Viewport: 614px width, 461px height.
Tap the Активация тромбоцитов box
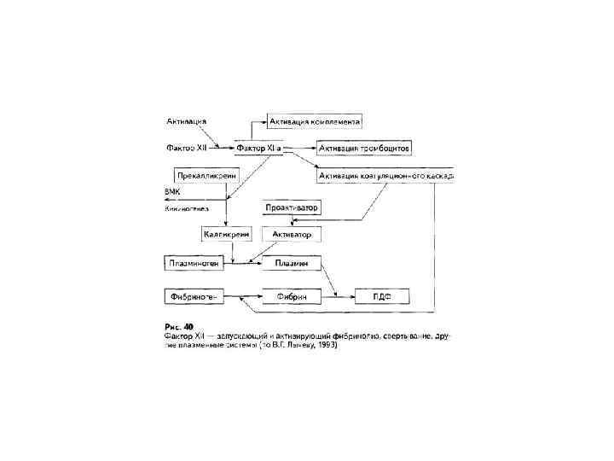[364, 148]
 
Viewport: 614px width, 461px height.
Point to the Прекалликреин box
[205, 175]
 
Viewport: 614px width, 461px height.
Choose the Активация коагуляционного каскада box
[385, 175]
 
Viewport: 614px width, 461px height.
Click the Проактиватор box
[291, 207]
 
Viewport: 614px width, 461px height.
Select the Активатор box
[291, 233]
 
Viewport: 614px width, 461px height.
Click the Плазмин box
[291, 263]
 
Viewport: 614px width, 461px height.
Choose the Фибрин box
[291, 296]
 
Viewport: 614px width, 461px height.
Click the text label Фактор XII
[186, 148]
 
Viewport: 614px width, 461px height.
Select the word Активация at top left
[185, 121]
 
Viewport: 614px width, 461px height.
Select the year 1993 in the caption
[324, 346]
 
